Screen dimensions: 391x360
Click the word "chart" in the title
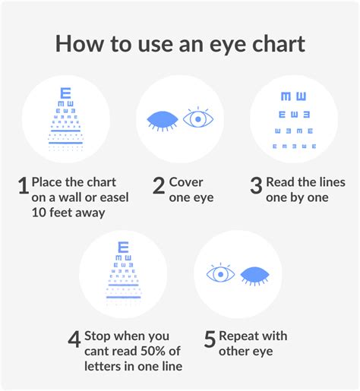(x=273, y=43)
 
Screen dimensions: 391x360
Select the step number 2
(x=159, y=186)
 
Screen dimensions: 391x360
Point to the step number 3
(x=256, y=186)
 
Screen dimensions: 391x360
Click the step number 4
(x=74, y=339)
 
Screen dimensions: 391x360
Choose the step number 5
(x=210, y=339)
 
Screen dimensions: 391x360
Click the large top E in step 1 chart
(x=65, y=95)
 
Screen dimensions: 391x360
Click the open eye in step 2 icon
(x=198, y=119)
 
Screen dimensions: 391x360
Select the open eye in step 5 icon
(x=220, y=273)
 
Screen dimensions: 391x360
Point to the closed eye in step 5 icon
(x=257, y=274)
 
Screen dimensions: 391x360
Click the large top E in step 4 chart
(x=122, y=248)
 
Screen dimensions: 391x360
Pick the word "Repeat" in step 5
(x=241, y=336)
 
